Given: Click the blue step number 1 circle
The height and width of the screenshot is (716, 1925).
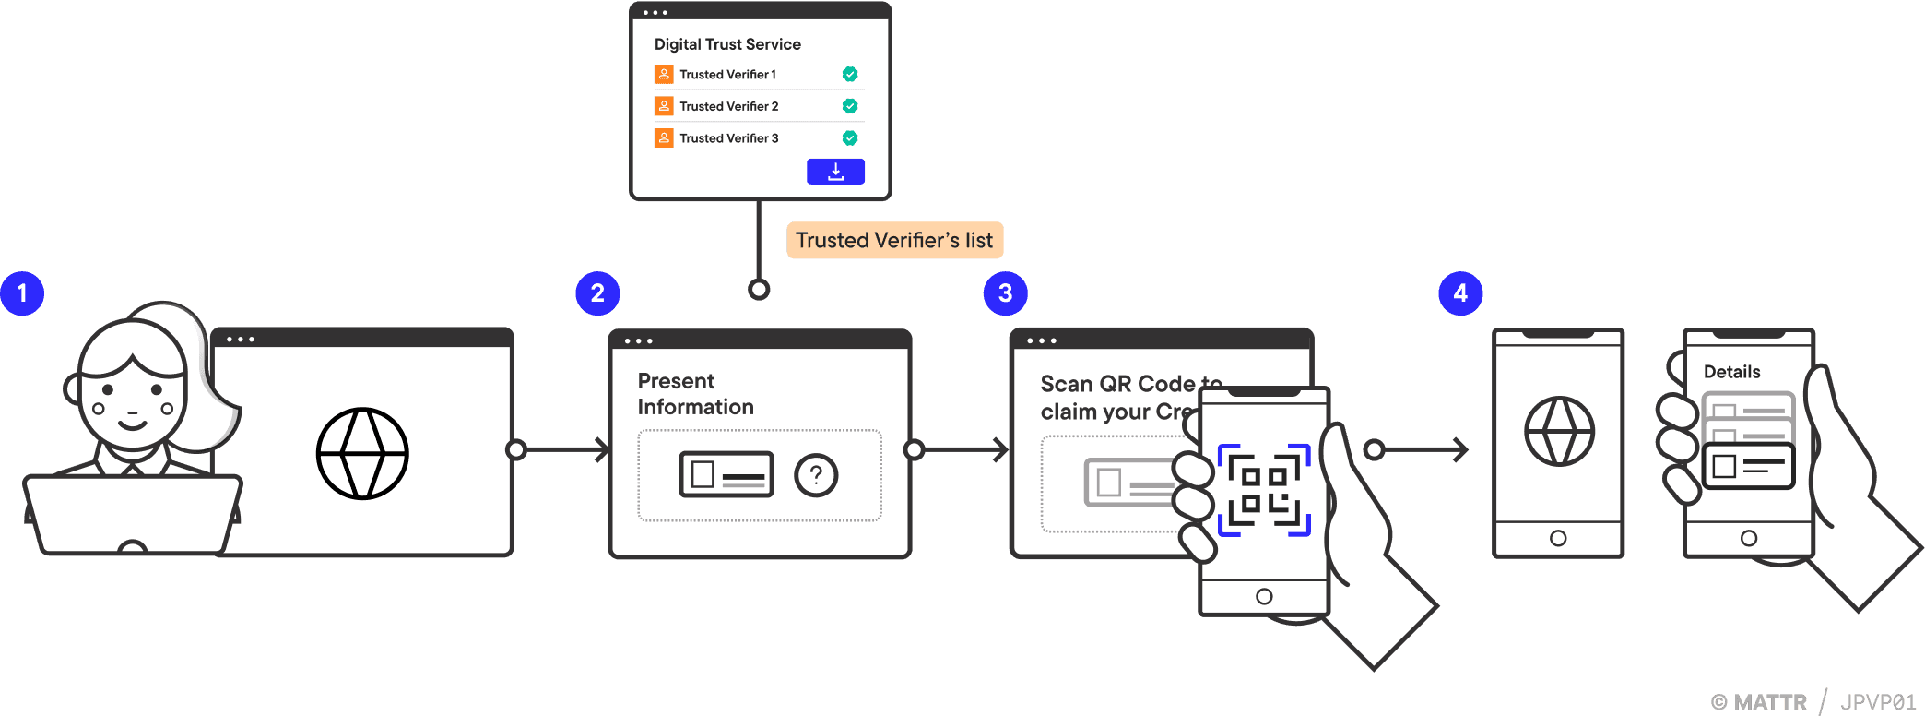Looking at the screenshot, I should (x=22, y=293).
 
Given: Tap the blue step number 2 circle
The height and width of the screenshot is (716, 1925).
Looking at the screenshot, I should (x=597, y=293).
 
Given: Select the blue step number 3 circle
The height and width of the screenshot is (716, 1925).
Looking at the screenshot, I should (x=1005, y=293).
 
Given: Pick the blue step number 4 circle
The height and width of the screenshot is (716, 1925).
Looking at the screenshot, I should (x=1460, y=293).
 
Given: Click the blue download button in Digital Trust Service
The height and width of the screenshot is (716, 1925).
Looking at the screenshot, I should (x=835, y=172).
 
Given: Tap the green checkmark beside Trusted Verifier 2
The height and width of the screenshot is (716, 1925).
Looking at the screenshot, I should (x=850, y=106).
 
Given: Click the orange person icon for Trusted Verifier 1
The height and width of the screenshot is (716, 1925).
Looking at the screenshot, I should (x=664, y=74).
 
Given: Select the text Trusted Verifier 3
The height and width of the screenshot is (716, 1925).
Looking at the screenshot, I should (x=728, y=138).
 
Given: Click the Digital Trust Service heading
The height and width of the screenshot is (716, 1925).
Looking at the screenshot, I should (x=727, y=44).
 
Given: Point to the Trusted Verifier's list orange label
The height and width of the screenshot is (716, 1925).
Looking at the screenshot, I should (x=894, y=241).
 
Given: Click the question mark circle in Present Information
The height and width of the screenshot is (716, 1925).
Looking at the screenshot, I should (x=816, y=476).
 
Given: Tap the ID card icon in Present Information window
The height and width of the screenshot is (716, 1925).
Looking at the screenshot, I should (x=726, y=475).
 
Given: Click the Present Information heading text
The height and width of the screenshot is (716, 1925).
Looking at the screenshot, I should (x=695, y=394).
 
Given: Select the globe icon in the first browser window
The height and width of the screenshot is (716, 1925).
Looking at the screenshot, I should (x=362, y=454).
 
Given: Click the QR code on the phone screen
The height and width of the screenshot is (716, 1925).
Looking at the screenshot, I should (x=1264, y=490).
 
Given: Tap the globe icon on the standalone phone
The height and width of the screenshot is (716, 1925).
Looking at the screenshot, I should (x=1559, y=432).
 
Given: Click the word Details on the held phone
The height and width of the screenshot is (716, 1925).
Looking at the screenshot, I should (x=1731, y=372).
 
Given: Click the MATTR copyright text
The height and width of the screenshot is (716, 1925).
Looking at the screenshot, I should (x=1760, y=702).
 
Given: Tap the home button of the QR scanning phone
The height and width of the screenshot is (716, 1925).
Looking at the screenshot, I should (x=1264, y=597).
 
